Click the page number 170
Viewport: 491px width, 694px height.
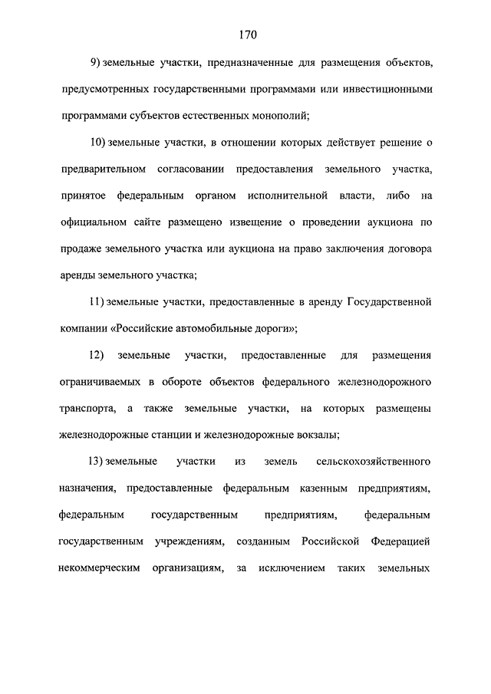pyautogui.click(x=246, y=35)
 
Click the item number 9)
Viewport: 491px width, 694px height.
pyautogui.click(x=95, y=62)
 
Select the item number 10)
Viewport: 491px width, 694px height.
pyautogui.click(x=97, y=143)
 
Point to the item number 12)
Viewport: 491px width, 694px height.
pyautogui.click(x=97, y=356)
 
